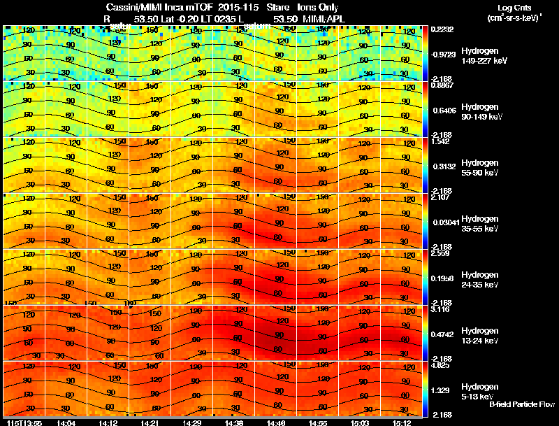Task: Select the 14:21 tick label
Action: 149,423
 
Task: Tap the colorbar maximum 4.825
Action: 440,364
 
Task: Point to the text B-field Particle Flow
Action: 521,405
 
